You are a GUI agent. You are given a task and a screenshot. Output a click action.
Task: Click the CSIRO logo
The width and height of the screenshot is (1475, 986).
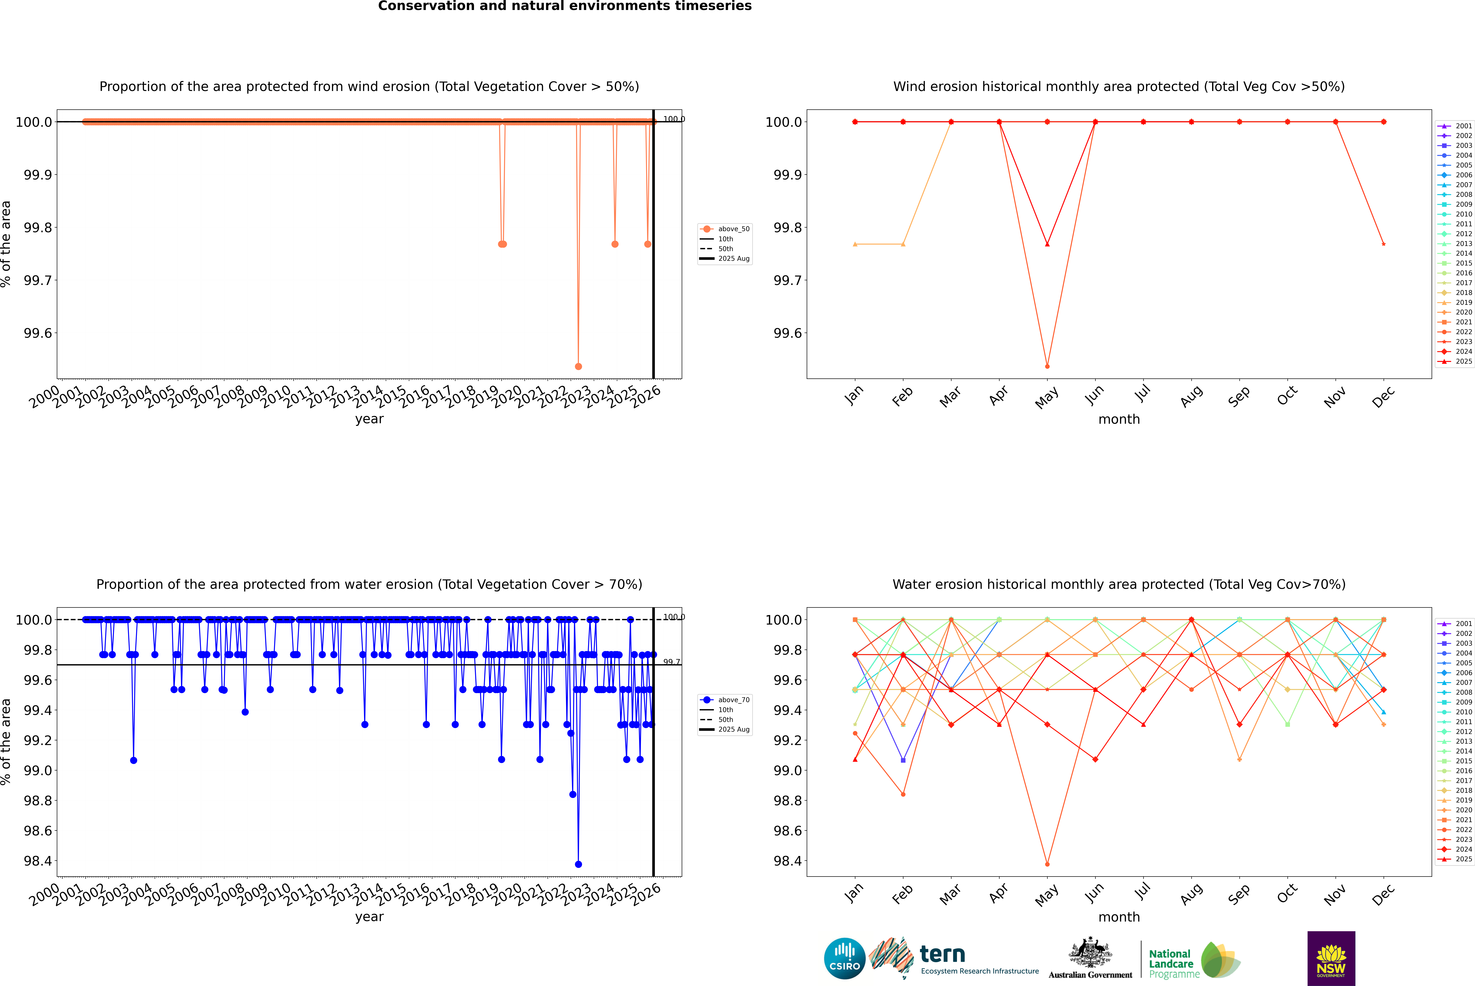(844, 958)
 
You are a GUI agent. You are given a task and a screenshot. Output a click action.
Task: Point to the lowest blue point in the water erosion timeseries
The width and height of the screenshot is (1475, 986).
(578, 864)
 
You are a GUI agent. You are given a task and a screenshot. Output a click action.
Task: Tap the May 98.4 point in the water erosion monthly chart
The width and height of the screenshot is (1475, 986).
(1047, 864)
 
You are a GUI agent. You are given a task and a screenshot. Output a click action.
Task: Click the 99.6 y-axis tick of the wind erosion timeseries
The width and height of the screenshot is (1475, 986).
(38, 333)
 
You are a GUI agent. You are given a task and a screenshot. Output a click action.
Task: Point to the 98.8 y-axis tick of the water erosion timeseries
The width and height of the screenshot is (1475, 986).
(38, 800)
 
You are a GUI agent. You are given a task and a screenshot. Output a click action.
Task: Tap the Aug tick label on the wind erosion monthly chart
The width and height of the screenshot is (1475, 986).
(1191, 396)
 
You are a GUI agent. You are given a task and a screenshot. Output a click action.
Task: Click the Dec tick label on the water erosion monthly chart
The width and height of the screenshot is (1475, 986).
(1383, 894)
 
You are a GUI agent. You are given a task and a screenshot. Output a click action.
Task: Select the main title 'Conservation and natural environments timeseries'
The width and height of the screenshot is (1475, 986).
(565, 6)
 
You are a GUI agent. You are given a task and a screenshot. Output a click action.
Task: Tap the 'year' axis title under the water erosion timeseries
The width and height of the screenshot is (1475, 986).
(369, 917)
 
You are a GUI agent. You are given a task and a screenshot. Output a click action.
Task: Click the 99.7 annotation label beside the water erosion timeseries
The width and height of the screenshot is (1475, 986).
(671, 662)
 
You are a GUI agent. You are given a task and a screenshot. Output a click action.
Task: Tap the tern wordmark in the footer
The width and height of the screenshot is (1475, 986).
(942, 954)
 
